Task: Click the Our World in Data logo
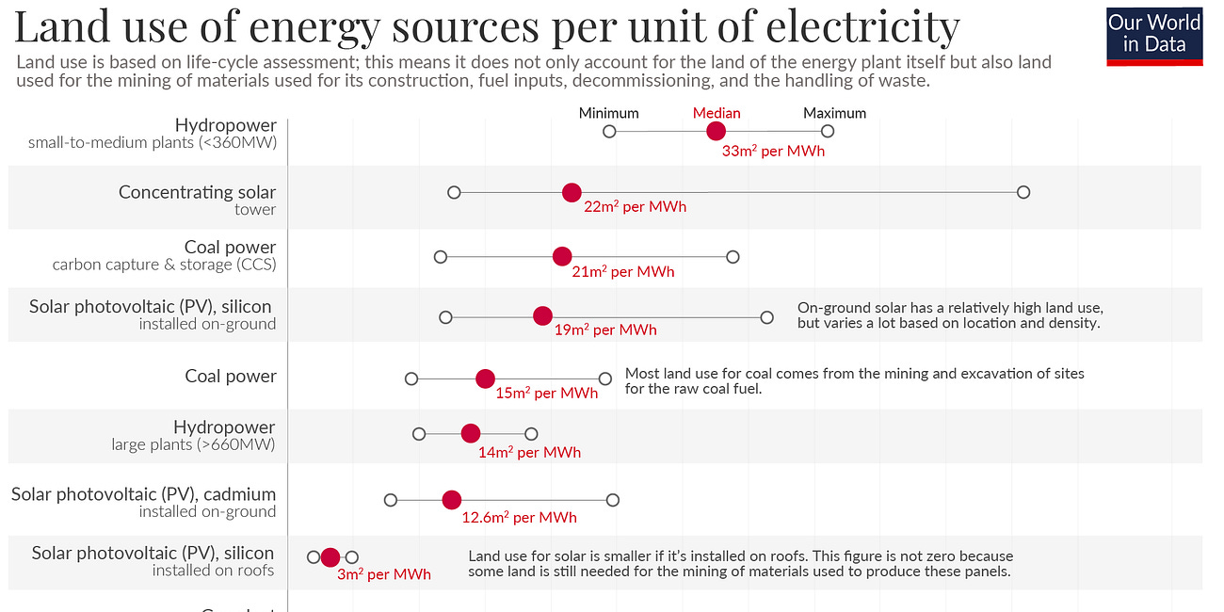[1154, 35]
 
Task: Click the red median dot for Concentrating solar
[572, 192]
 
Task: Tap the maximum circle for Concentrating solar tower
[1023, 192]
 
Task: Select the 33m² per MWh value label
[773, 151]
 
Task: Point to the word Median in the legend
[717, 113]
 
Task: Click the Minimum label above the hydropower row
[608, 113]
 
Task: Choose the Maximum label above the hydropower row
[834, 113]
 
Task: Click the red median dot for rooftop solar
[330, 557]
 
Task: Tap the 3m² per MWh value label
[384, 574]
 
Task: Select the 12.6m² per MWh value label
[519, 517]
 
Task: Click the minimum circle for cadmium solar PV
[391, 500]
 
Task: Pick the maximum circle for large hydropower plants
[531, 434]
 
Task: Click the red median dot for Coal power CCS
[562, 256]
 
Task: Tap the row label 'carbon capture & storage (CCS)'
[165, 265]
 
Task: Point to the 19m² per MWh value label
[605, 330]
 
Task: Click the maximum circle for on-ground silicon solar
[767, 317]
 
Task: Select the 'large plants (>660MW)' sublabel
[193, 444]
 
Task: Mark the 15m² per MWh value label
[547, 394]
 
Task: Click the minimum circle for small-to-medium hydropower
[609, 131]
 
